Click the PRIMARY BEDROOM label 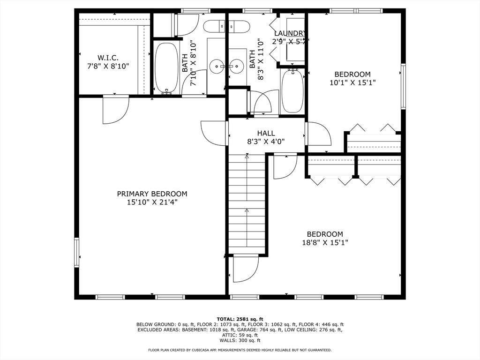pyautogui.click(x=152, y=194)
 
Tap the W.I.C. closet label pyautogui.click(x=108, y=58)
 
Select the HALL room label pyautogui.click(x=266, y=133)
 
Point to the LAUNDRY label pyautogui.click(x=290, y=33)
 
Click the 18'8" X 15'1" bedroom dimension pyautogui.click(x=325, y=242)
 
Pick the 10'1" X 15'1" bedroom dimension pyautogui.click(x=352, y=82)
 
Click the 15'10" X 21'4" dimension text pyautogui.click(x=152, y=202)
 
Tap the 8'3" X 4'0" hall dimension pyautogui.click(x=266, y=142)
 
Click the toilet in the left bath pyautogui.click(x=214, y=27)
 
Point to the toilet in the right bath pyautogui.click(x=240, y=27)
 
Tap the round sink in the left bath pyautogui.click(x=217, y=66)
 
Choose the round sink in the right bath pyautogui.click(x=236, y=66)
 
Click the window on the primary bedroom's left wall pyautogui.click(x=76, y=253)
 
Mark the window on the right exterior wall pyautogui.click(x=403, y=86)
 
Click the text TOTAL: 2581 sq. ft pyautogui.click(x=240, y=319)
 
